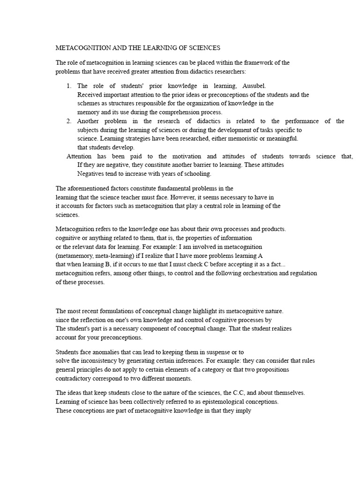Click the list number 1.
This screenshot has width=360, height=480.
[x=68, y=86]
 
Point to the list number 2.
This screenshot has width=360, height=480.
[x=68, y=121]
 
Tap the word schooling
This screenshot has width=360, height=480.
[x=196, y=173]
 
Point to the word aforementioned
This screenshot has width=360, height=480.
[x=87, y=188]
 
